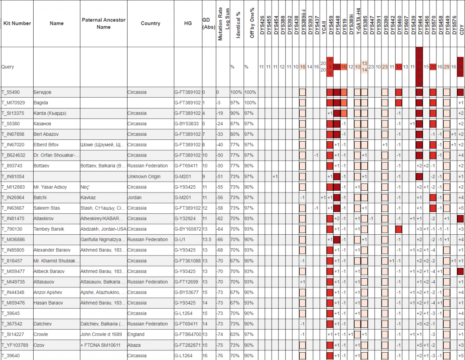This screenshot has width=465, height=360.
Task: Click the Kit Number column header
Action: point(17,23)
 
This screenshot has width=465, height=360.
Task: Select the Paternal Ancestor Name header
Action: point(104,23)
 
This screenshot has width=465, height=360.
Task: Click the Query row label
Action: point(8,67)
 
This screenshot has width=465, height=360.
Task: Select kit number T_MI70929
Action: point(13,103)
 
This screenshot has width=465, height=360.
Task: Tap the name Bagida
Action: point(41,103)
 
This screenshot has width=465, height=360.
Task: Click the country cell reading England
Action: point(136,335)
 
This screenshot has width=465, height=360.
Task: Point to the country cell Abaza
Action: point(134,345)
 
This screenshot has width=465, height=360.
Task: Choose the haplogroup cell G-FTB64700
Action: point(188,335)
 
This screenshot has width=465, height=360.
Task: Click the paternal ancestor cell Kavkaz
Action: point(89,197)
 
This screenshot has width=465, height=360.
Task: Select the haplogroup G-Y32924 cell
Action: point(186,219)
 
